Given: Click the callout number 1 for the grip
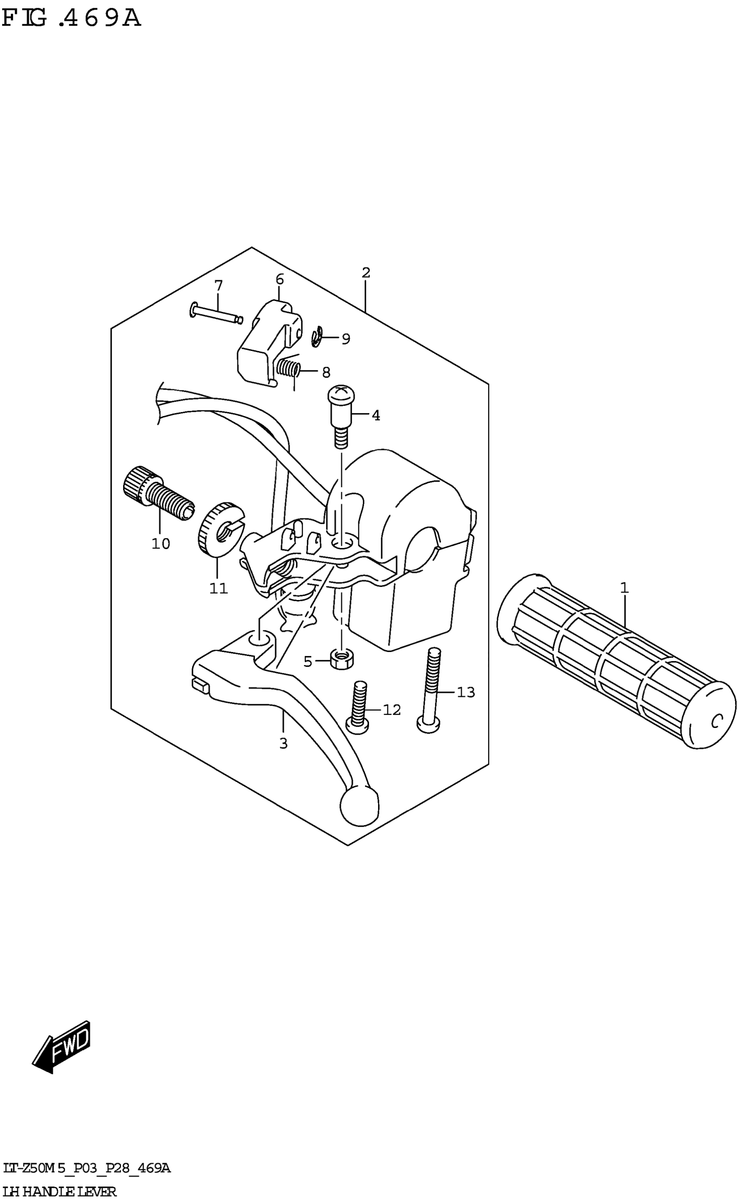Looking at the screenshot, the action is coord(624,588).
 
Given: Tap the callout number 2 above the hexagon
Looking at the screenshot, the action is coord(366,273).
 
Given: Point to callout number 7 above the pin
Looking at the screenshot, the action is coord(218,285).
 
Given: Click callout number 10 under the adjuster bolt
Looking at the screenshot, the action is coord(160,544).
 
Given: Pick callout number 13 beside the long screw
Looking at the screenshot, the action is coord(466,692).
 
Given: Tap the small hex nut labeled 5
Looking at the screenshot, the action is coord(342,660).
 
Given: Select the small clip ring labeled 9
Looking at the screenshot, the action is coord(317,337).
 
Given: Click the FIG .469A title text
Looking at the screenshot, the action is coord(71,19).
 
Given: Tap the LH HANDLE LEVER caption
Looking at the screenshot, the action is coord(59,1192).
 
